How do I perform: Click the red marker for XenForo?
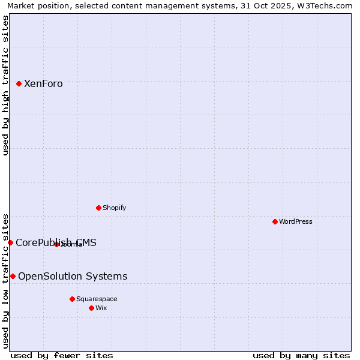19,84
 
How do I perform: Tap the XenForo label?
43,84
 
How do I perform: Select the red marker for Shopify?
98,208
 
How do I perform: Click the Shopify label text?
114,208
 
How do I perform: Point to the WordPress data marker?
275,222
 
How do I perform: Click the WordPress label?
295,222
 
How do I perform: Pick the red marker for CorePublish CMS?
10,242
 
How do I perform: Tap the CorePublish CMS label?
56,243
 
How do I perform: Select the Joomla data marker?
56,244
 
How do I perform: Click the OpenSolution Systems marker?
13,276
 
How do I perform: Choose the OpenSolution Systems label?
73,277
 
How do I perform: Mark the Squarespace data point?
72,299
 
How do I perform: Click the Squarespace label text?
97,299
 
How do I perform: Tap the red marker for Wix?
91,308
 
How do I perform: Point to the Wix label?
101,308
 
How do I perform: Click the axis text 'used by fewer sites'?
62,355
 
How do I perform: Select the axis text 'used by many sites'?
301,355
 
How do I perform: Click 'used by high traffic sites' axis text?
6,85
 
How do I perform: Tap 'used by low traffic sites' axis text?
6,280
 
